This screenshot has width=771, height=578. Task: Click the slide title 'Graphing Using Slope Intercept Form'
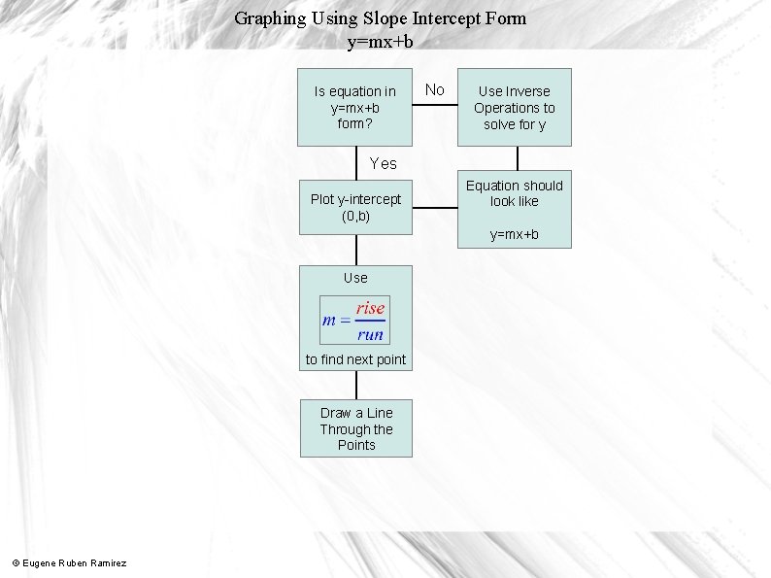point(380,18)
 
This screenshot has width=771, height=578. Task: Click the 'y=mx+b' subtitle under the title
point(380,42)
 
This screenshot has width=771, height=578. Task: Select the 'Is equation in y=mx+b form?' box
point(355,107)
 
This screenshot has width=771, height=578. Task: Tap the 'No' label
point(435,90)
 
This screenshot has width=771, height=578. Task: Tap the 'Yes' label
point(383,163)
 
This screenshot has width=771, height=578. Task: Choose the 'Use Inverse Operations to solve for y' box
point(515,107)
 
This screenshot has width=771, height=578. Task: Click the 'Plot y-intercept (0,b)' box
point(355,207)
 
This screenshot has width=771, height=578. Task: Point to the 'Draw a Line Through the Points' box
point(355,428)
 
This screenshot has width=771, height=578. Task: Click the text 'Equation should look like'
point(515,193)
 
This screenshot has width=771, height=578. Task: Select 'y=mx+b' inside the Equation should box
point(515,235)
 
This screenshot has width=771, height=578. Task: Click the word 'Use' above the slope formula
point(355,278)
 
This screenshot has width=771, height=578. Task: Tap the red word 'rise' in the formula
point(370,308)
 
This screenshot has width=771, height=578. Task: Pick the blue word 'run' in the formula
point(370,334)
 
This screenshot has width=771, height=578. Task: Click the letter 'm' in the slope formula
point(331,321)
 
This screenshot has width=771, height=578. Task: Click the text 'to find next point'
point(355,360)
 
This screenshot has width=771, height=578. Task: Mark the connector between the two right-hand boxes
point(517,157)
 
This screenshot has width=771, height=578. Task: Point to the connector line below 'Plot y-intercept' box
point(355,249)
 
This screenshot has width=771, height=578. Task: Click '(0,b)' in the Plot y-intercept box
point(355,216)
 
